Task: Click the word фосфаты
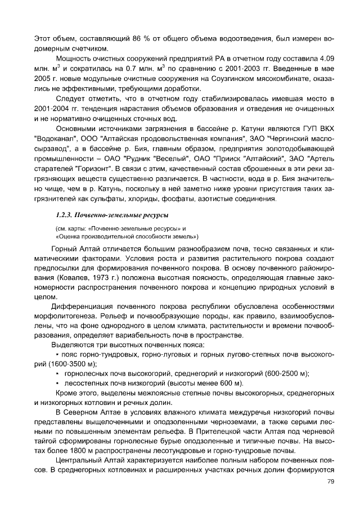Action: point(187,200)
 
